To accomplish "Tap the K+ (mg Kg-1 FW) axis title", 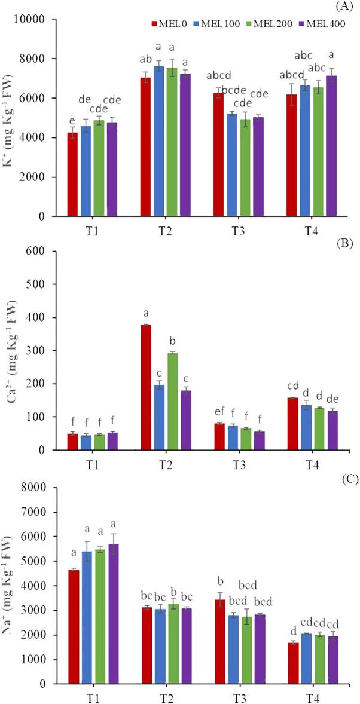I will click(12, 118).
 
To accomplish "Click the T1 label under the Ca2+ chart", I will click(93, 463).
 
